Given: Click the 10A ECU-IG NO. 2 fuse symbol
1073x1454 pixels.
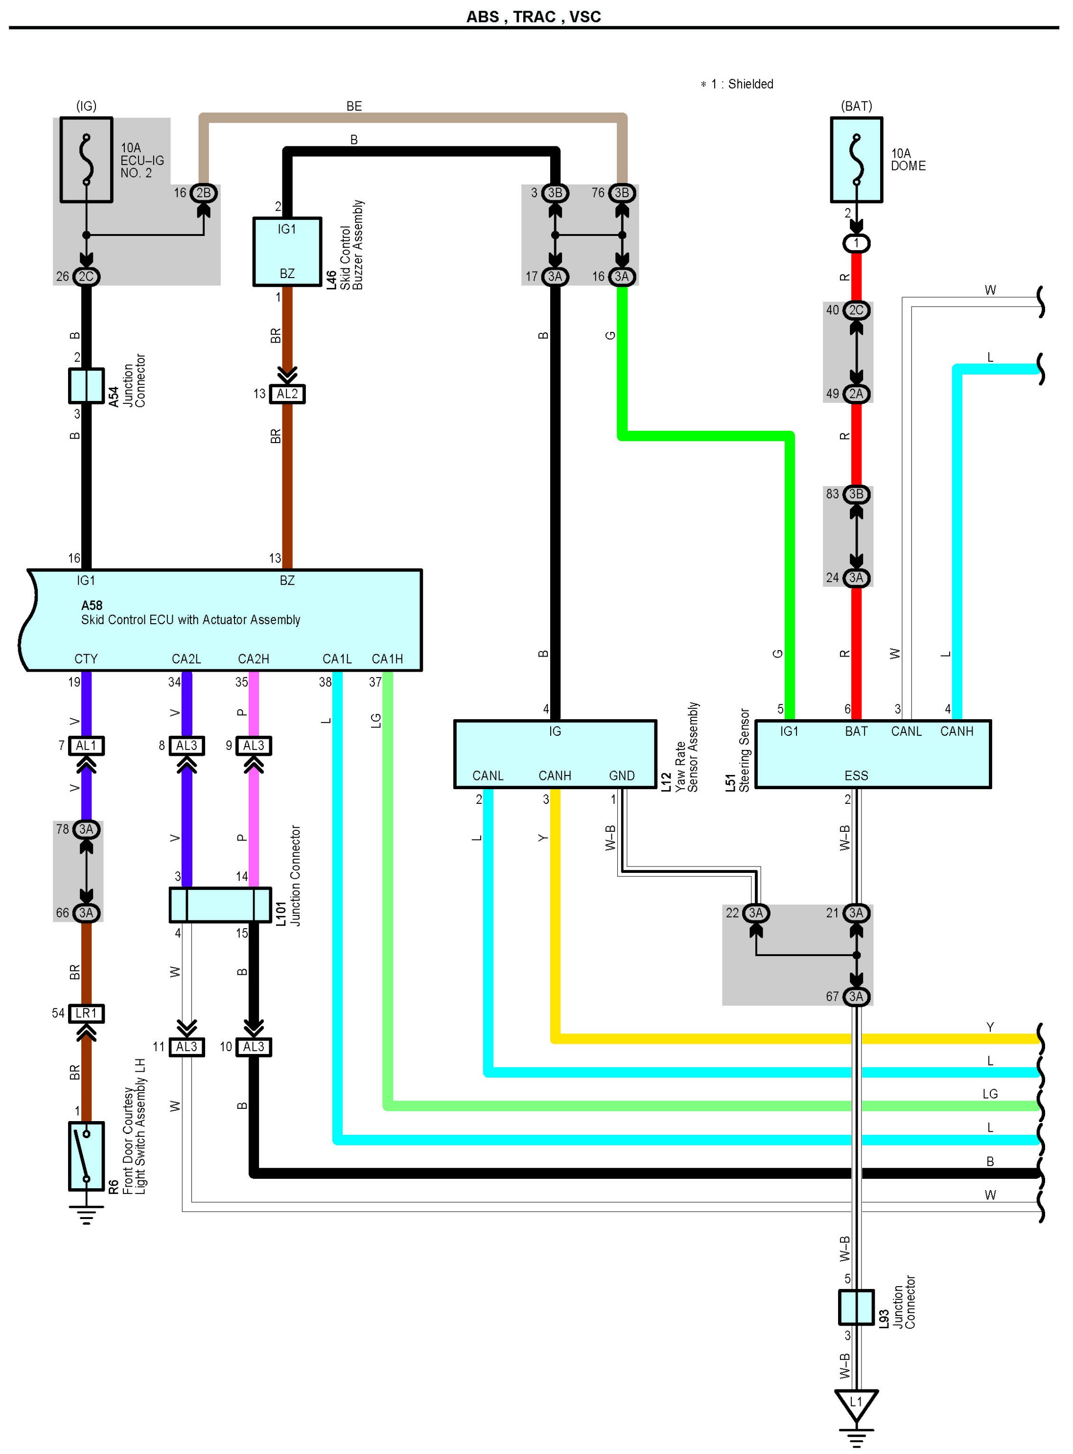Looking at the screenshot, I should coord(86,160).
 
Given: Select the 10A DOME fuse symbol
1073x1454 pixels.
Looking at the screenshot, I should coord(856,160).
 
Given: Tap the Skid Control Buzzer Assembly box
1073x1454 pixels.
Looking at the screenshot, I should coord(287,251).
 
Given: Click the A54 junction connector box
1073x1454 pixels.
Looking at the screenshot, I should coord(86,386).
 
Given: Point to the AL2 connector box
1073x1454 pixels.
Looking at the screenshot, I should coord(287,394).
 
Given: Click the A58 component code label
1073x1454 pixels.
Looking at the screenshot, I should coord(92,605).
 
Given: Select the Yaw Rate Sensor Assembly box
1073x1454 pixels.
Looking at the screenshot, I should coord(555,754).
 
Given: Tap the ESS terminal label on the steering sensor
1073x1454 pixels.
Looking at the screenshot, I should coord(856,775).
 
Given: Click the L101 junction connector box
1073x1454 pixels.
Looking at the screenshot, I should coord(220,905).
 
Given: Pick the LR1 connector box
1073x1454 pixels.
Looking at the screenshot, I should coord(86,1013).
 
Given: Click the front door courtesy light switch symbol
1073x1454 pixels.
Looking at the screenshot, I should coord(86,1156).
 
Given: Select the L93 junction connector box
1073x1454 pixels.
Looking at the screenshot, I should coord(856,1307).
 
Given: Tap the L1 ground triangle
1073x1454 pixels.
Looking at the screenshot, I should coord(856,1403).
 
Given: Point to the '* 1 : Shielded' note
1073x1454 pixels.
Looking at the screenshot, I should coord(737,84).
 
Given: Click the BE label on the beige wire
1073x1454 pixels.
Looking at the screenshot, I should coord(354,106).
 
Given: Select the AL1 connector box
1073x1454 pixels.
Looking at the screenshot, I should coord(86,746).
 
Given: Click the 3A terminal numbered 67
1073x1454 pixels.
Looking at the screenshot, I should coord(856,997).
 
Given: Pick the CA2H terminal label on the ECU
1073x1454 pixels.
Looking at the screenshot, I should coord(253,658).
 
